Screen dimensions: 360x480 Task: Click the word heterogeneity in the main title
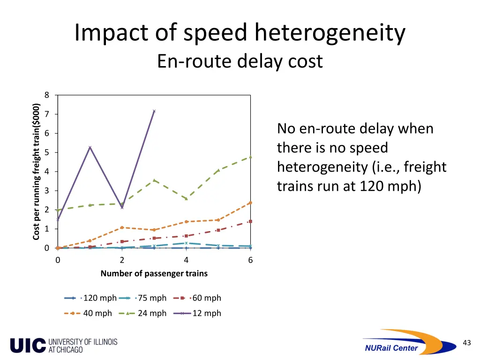(330, 34)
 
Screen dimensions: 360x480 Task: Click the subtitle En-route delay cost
(240, 61)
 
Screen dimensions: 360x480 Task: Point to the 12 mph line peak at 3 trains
(154, 111)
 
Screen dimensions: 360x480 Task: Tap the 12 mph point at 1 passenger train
(90, 147)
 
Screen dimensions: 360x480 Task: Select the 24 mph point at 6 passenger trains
(250, 157)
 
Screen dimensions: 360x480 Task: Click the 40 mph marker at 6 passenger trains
(250, 202)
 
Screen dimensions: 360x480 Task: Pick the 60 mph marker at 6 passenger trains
(250, 221)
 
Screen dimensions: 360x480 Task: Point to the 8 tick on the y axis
(46, 95)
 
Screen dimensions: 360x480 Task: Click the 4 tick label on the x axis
(186, 260)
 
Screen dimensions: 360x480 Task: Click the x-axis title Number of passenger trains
(154, 273)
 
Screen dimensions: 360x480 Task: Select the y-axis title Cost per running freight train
(36, 172)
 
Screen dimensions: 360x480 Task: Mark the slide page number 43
(466, 343)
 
